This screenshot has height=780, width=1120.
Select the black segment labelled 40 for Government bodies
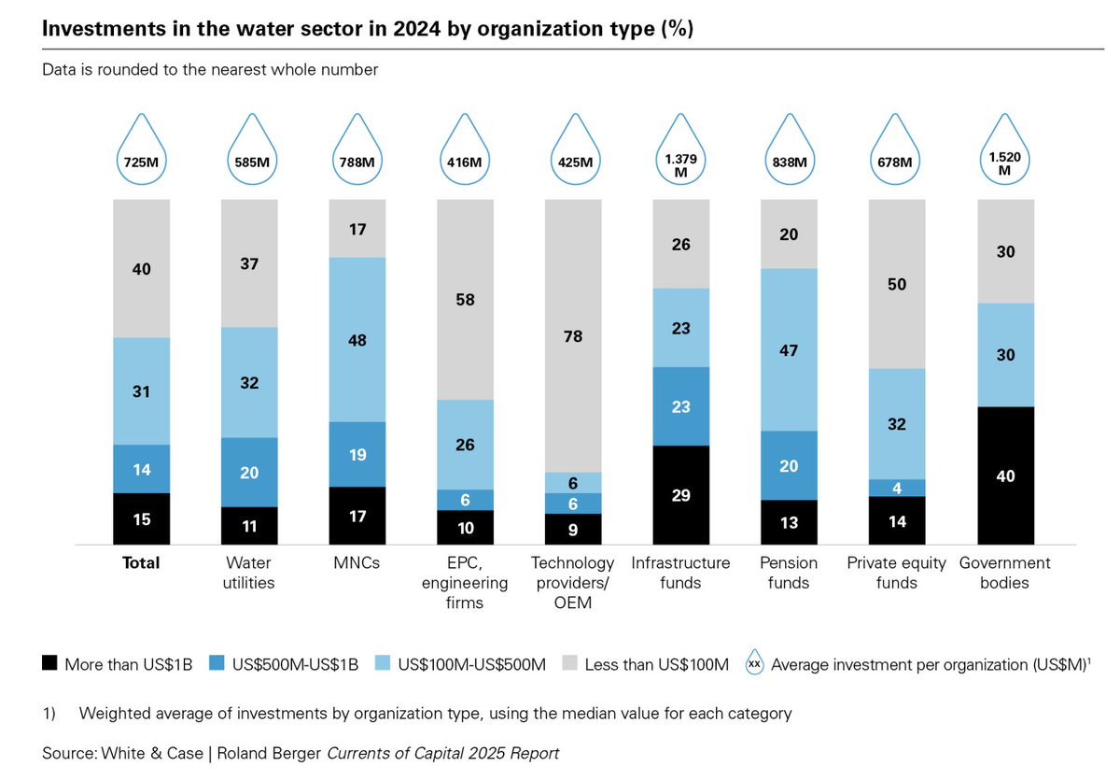tap(1005, 475)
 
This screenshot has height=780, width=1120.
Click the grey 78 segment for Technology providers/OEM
tap(573, 335)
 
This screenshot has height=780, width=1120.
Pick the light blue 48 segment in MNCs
tap(357, 340)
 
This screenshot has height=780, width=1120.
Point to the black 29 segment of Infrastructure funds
tap(681, 495)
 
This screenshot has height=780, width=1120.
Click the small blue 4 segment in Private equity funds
tap(897, 488)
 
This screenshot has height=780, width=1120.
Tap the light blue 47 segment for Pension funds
tap(790, 350)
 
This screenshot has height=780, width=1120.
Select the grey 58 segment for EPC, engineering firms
tap(465, 299)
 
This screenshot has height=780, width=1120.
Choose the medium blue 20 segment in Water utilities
tap(249, 473)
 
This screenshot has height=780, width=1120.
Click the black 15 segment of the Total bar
tap(141, 518)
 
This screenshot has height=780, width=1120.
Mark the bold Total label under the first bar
tap(141, 563)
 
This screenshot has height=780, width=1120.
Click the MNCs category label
tap(357, 563)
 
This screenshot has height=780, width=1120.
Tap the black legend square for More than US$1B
tap(50, 664)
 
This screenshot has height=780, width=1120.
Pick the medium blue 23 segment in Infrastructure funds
tap(681, 406)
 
